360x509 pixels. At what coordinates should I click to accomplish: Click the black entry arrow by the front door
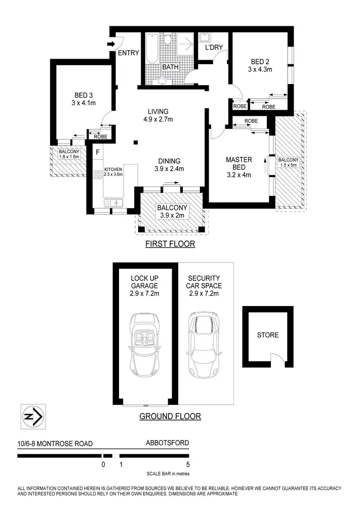(x=111, y=44)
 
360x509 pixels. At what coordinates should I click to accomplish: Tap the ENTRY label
(x=128, y=53)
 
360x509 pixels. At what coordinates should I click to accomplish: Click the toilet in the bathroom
(x=162, y=81)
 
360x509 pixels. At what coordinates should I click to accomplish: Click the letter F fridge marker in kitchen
(x=97, y=151)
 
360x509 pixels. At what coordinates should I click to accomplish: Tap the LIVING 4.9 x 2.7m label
(x=157, y=115)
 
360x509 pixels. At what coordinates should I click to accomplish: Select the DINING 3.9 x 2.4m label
(x=169, y=165)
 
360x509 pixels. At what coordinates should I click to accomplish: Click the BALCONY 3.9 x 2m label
(x=172, y=211)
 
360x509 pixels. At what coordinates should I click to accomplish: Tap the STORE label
(x=267, y=334)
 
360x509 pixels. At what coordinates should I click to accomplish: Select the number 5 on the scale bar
(x=188, y=464)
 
